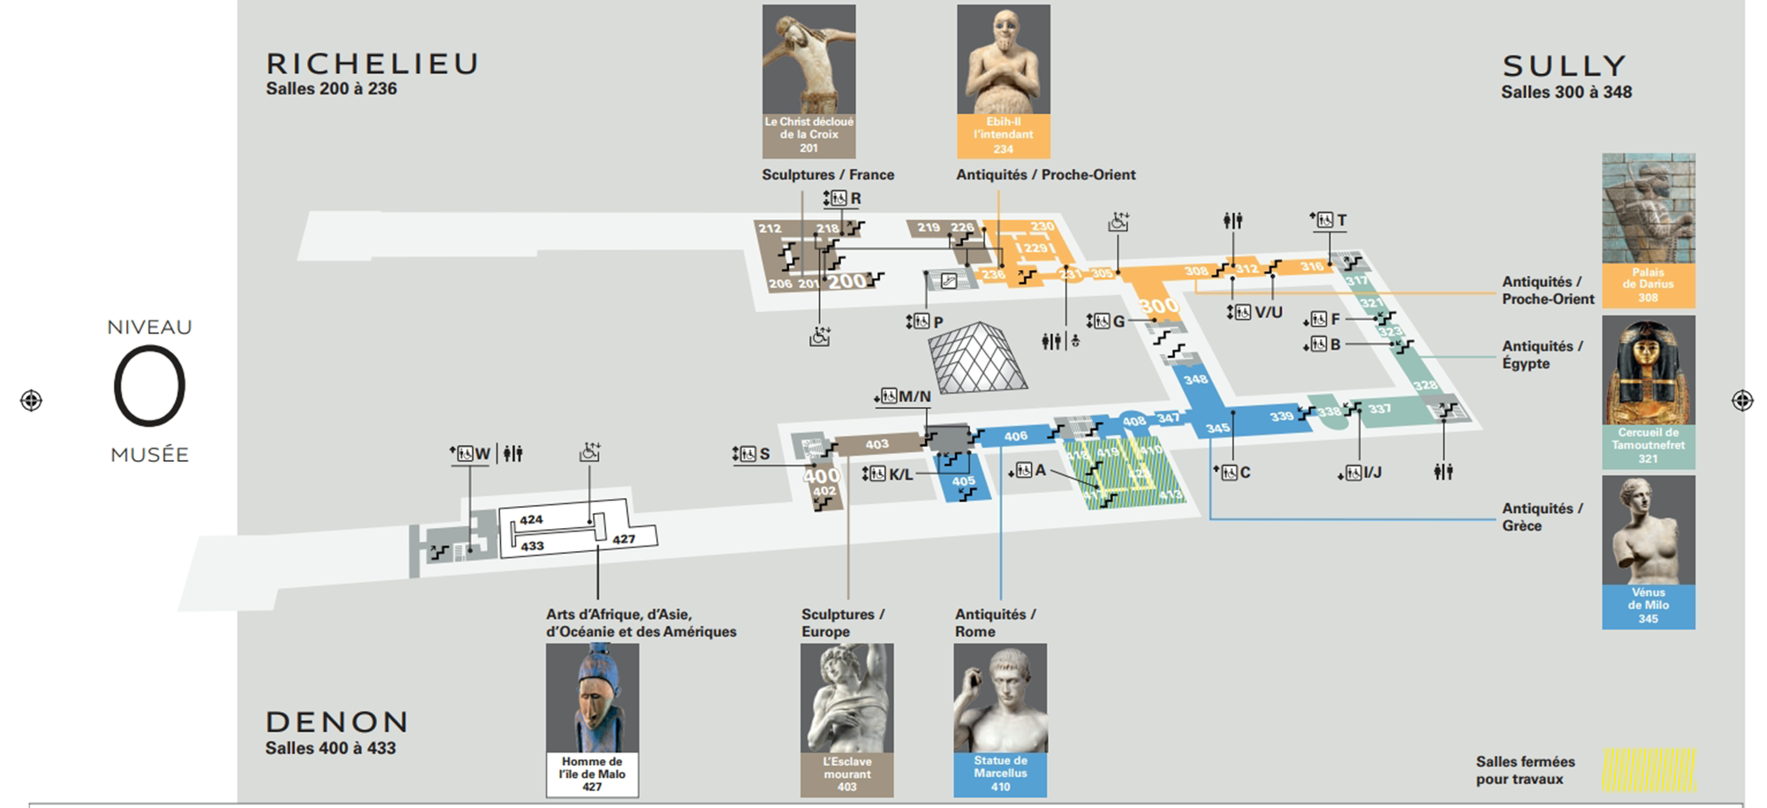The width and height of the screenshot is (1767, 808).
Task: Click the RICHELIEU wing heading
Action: [372, 64]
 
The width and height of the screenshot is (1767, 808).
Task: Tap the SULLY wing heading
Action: [1564, 66]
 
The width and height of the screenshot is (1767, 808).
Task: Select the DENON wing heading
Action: [337, 722]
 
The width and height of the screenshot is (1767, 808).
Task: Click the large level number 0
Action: [149, 386]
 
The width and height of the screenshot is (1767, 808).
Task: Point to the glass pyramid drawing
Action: [976, 359]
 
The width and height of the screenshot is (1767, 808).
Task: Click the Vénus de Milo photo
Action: [1648, 530]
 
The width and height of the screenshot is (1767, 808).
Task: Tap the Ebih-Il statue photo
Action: [1003, 60]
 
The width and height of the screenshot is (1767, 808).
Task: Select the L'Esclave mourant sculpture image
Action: [846, 698]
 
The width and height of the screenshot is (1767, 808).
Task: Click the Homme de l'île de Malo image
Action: [592, 698]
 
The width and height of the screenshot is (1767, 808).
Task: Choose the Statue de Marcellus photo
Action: [1000, 698]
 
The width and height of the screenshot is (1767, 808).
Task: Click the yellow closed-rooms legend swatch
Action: [1649, 769]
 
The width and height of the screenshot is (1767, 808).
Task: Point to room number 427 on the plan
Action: [624, 540]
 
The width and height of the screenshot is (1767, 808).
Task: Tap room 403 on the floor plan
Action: [876, 444]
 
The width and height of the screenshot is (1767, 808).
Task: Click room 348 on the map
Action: [1195, 380]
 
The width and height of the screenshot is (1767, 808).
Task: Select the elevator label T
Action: [1341, 220]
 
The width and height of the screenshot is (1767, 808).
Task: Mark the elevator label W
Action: [482, 454]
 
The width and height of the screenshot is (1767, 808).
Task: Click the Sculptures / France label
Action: [828, 175]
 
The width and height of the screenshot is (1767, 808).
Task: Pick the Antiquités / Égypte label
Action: [1543, 354]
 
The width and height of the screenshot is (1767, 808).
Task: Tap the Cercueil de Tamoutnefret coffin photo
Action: [1648, 371]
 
